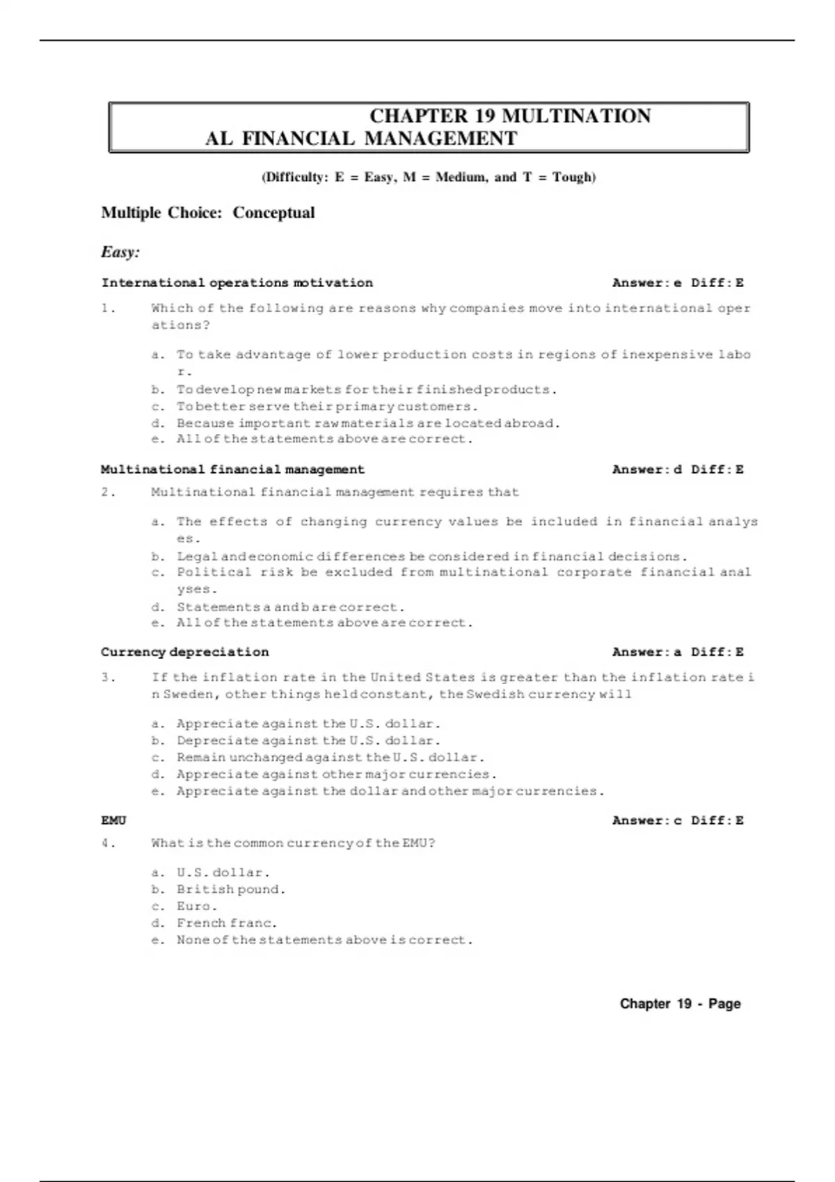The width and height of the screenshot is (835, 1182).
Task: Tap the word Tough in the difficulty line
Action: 572,177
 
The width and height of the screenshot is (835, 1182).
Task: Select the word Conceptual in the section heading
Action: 273,213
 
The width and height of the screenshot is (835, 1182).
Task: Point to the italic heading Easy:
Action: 120,252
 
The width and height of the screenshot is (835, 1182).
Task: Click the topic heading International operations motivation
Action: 237,283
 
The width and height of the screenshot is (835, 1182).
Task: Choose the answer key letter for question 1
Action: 678,283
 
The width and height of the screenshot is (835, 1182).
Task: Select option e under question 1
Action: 324,439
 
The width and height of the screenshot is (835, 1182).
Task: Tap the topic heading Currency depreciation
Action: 184,652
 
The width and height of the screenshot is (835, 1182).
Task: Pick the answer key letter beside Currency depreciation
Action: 678,652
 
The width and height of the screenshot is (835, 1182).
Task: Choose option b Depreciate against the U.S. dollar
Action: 308,740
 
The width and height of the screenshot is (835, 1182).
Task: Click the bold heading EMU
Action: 113,820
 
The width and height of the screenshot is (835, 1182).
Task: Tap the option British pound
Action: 230,889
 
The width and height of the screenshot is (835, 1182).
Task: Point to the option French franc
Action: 226,923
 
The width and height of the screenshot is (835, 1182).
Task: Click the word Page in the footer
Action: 724,1004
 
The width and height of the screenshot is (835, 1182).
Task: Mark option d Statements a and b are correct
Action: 290,607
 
